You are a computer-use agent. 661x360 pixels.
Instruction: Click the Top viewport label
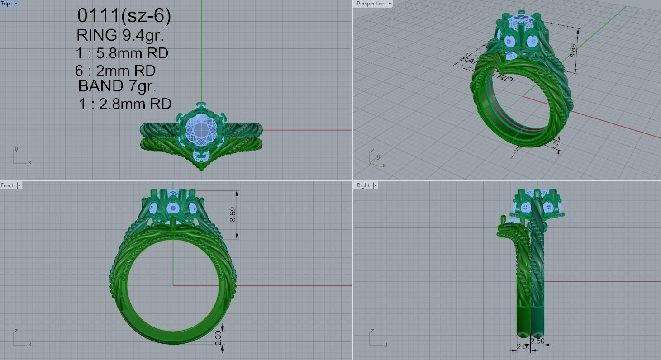[x=5, y=4]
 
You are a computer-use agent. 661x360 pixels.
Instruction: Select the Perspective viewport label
[x=370, y=4]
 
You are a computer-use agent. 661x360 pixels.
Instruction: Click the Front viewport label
[x=7, y=185]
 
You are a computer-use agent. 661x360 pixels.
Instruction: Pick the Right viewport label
[x=363, y=185]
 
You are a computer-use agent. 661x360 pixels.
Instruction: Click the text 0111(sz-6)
[x=124, y=16]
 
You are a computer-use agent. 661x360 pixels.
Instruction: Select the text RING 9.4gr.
[x=120, y=35]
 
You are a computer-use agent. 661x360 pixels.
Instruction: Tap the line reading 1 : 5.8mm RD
[x=122, y=53]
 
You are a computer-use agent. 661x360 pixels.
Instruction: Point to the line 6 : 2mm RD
[x=115, y=71]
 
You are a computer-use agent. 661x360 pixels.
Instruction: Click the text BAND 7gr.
[x=117, y=85]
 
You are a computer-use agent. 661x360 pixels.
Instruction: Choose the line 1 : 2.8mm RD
[x=125, y=104]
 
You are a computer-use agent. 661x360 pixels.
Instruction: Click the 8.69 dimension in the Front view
[x=233, y=214]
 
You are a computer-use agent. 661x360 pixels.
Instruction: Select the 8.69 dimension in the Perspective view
[x=573, y=50]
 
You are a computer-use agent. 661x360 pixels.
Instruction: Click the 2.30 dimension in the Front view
[x=218, y=337]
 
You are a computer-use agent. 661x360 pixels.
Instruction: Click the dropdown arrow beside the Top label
[x=16, y=4]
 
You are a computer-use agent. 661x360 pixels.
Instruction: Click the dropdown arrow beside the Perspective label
[x=390, y=4]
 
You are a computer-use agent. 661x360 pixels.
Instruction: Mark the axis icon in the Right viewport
[x=377, y=339]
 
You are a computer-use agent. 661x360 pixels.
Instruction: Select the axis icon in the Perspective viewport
[x=377, y=159]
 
